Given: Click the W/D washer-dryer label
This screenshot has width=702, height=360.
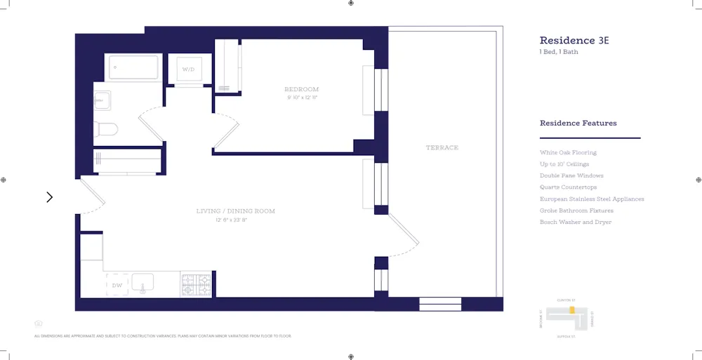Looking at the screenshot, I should click(188, 69).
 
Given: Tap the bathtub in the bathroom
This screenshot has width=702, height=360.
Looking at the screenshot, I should click(133, 68).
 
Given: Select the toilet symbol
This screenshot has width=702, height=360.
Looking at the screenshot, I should click(105, 129).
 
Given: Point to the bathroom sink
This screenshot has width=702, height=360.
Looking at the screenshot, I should click(102, 101).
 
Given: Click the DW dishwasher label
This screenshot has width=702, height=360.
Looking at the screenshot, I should click(117, 286).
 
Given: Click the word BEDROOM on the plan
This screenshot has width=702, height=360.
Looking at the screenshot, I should click(301, 89).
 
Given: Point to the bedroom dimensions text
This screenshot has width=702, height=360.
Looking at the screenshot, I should click(302, 98).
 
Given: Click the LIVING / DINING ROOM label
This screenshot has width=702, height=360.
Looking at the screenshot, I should click(235, 211).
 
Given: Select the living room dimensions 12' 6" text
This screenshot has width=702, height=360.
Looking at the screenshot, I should click(232, 220).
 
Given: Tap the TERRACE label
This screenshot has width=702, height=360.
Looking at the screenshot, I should click(442, 147).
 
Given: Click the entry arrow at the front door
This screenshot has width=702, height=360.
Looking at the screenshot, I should click(49, 197).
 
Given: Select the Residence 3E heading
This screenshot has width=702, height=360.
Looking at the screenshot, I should click(574, 41).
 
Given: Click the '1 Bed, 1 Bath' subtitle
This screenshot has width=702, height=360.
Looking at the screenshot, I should click(559, 52).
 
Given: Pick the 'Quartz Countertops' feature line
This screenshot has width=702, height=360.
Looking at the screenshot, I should click(568, 187).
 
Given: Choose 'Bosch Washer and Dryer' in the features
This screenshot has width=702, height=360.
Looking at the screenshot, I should click(575, 222).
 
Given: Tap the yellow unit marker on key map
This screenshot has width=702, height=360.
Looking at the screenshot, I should click(572, 309).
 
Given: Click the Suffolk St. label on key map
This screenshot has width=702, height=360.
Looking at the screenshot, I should click(566, 337).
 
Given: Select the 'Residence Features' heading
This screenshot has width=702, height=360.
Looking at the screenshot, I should click(578, 124).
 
